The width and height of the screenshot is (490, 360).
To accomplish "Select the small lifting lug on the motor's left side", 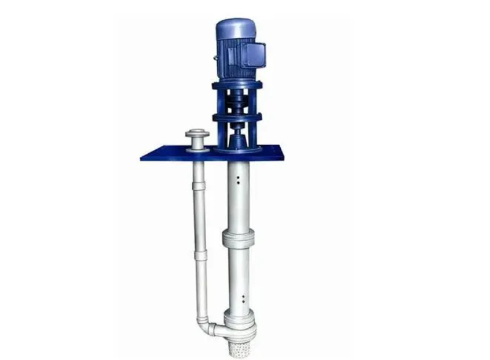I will pyautogui.click(x=215, y=59).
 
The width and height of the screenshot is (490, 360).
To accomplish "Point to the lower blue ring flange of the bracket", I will pyautogui.click(x=238, y=117).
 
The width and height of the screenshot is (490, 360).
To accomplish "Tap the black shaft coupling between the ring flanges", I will pyautogui.click(x=237, y=101).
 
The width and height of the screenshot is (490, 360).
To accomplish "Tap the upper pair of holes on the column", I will pyautogui.click(x=239, y=179).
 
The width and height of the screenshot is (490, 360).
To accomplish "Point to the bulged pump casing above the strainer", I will pyautogui.click(x=239, y=320).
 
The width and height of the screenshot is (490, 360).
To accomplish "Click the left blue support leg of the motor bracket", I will pyautogui.click(x=218, y=102).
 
